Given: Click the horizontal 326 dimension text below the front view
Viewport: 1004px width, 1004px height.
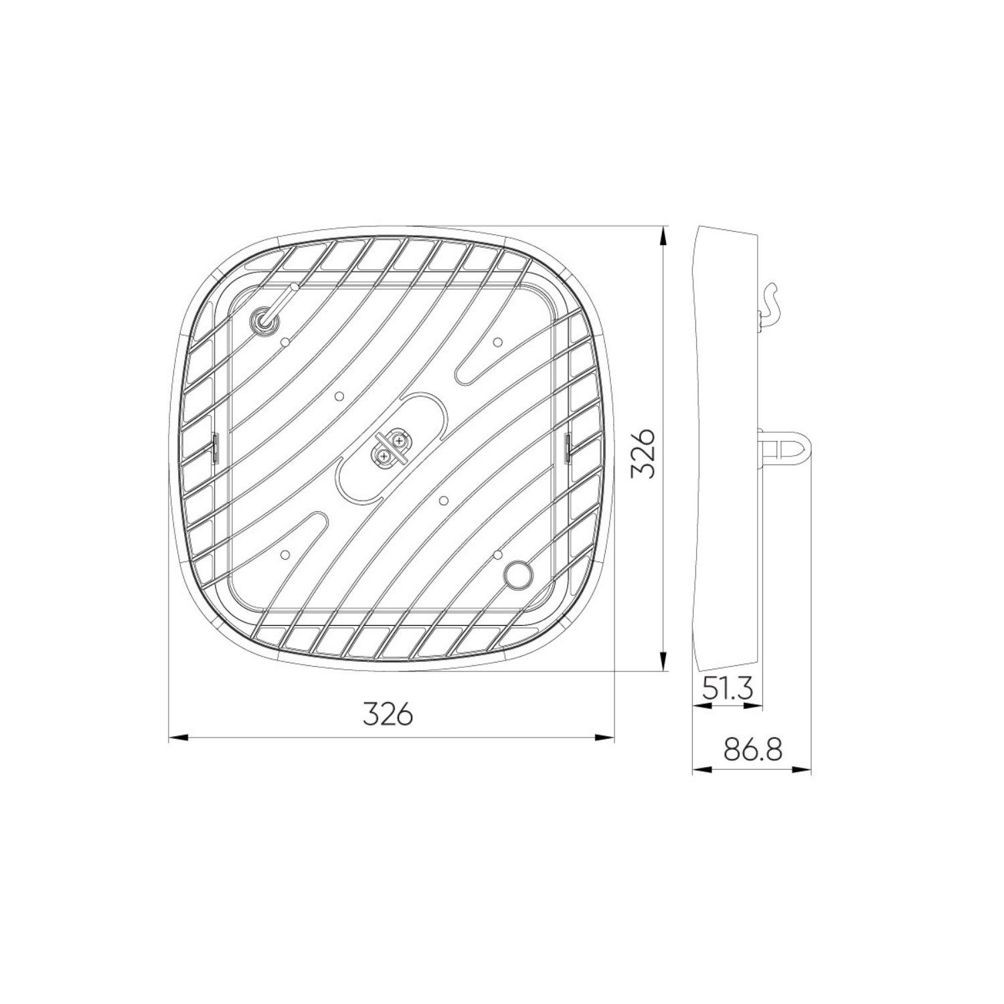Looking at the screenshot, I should [x=388, y=715].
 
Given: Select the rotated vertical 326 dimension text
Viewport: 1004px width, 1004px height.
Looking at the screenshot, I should [x=642, y=453].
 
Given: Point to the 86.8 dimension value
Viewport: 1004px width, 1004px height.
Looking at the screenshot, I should [x=753, y=750].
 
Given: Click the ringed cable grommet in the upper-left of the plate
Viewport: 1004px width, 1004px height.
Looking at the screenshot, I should [x=260, y=322].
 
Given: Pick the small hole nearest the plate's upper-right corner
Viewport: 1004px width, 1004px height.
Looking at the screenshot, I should [x=497, y=342].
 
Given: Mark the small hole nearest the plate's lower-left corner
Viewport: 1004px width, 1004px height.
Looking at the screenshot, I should [x=286, y=554].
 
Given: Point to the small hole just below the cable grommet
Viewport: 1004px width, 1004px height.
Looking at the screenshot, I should [x=286, y=342].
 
